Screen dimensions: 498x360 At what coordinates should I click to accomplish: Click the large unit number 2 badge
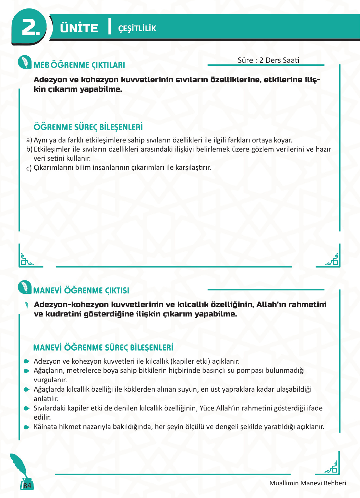point(30,27)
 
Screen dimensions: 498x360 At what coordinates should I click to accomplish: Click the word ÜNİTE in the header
point(79,28)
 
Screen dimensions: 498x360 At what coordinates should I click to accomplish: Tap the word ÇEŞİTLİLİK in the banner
point(137,29)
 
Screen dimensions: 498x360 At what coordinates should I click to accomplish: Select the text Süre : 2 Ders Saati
point(268,60)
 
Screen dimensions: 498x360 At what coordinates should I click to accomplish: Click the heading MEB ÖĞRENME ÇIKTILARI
point(79,65)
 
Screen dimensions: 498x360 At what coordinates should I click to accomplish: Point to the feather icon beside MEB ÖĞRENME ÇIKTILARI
point(25,62)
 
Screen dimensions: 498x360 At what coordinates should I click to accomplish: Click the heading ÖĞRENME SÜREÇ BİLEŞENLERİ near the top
point(88,127)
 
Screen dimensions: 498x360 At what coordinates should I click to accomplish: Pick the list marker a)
point(29,140)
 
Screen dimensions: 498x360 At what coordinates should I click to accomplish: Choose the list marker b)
point(29,149)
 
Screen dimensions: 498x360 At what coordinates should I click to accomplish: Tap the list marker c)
point(29,168)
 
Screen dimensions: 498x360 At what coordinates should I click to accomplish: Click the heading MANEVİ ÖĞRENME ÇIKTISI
point(81,290)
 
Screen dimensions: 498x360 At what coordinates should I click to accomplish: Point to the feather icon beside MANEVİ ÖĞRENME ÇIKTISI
point(25,287)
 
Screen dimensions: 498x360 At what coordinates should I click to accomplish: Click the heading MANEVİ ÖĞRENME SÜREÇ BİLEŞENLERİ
point(103,348)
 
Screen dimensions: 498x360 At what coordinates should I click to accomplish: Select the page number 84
point(27,486)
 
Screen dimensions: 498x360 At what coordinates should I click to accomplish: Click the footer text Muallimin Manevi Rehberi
point(308,483)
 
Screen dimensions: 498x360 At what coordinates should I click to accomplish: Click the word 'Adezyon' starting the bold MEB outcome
point(50,80)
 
